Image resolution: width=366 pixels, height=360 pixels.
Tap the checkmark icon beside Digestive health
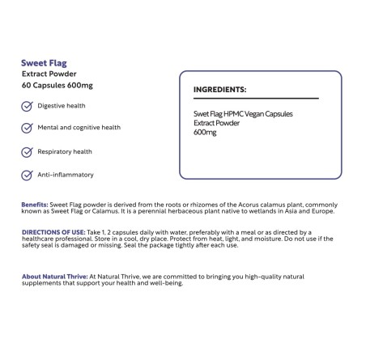point(27,106)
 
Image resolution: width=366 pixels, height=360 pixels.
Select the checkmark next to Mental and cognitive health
point(27,128)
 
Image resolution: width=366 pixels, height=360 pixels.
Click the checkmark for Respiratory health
point(27,151)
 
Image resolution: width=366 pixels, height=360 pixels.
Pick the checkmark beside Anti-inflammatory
point(27,174)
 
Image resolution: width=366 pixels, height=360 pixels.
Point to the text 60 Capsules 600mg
point(57,86)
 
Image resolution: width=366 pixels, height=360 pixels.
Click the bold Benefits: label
point(35,205)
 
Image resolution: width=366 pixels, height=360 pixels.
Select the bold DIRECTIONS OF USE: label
point(53,231)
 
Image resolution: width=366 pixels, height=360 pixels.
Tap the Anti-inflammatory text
point(66,174)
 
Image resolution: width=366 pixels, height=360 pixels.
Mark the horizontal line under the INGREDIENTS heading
point(255,99)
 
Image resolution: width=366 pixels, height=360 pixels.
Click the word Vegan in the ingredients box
point(263,114)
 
